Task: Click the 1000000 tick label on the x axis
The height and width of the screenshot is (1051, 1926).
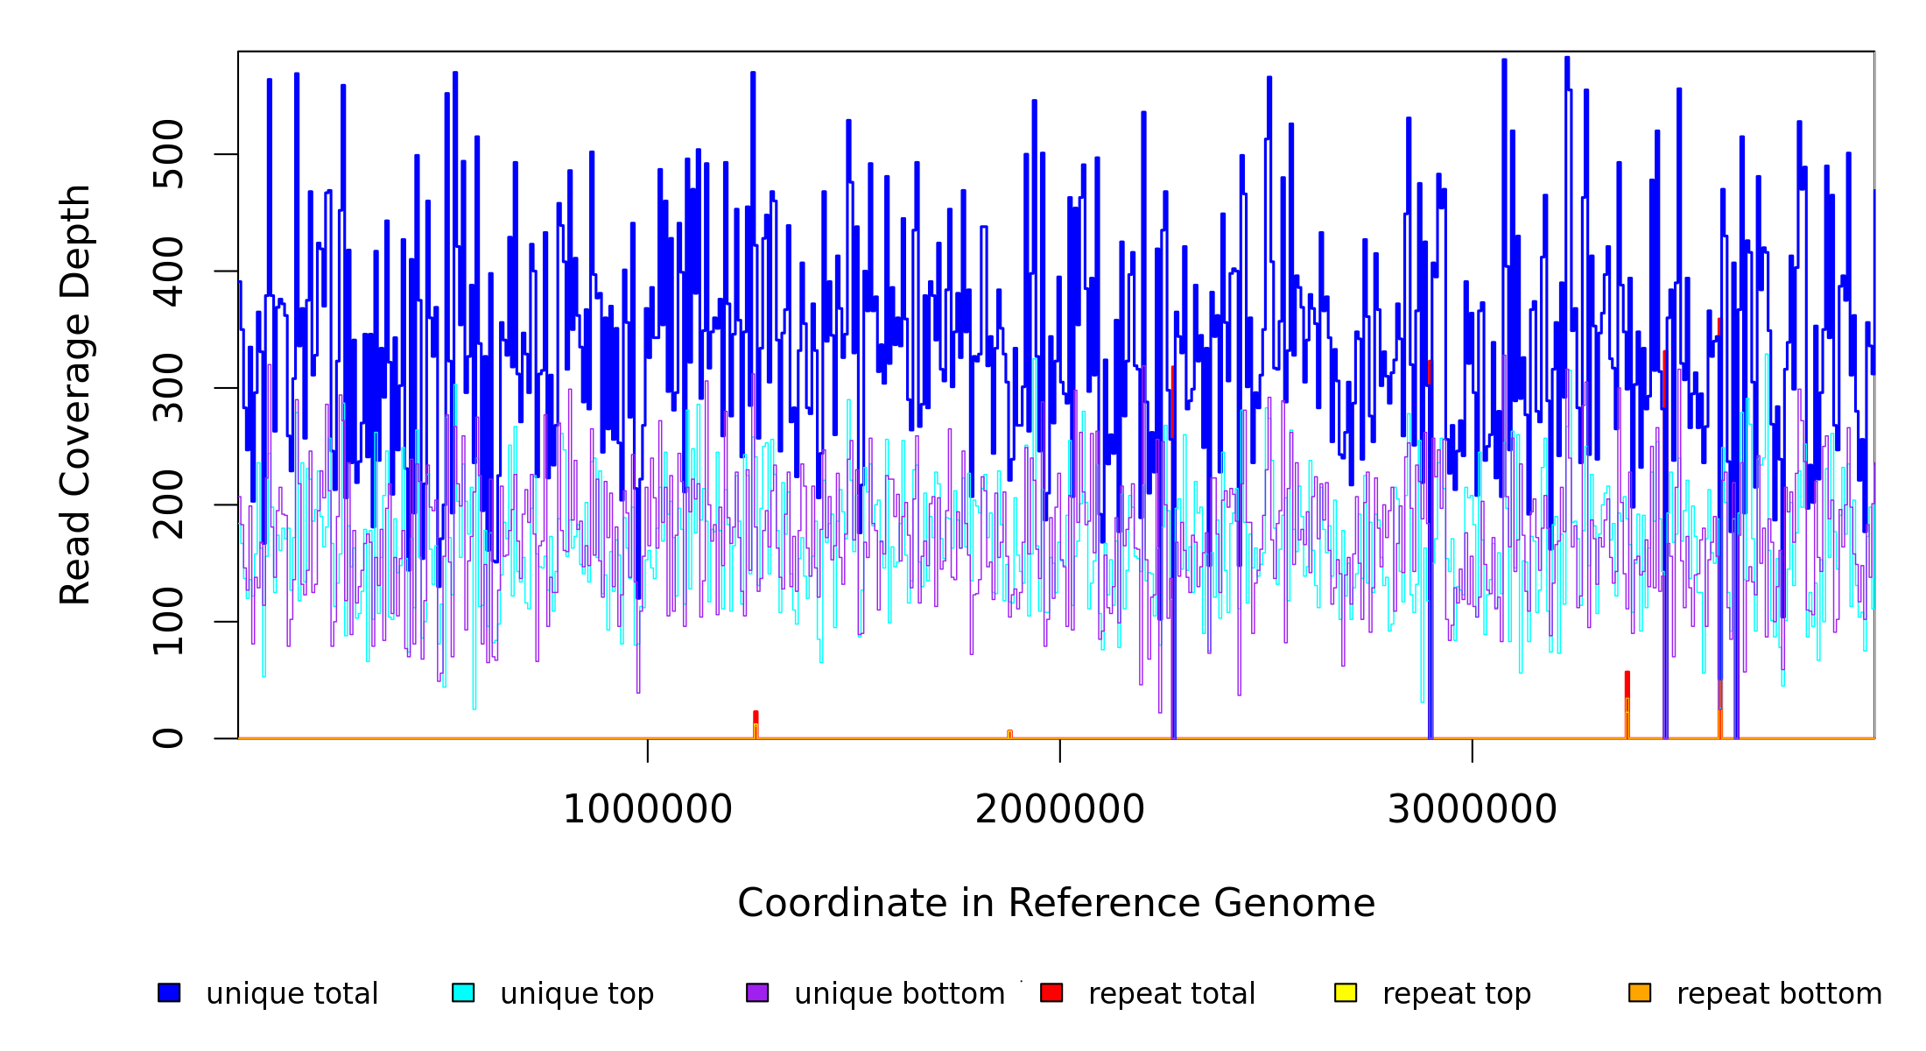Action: [x=647, y=809]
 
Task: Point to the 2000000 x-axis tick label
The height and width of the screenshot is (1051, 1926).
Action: [x=1059, y=809]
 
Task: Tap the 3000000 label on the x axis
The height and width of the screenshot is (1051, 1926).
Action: [x=1472, y=809]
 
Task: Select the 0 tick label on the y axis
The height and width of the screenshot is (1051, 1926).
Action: [x=168, y=738]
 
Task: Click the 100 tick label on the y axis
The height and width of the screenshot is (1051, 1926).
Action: [x=168, y=621]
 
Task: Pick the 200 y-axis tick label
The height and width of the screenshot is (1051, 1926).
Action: [x=168, y=504]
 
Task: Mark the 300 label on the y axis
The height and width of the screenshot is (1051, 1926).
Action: [x=168, y=388]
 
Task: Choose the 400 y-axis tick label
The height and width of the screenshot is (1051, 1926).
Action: [x=168, y=271]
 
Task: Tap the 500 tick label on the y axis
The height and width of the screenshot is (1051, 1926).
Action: [x=168, y=154]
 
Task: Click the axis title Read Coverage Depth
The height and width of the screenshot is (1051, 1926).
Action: [x=75, y=394]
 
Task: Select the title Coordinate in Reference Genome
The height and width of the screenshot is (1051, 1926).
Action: [x=1056, y=903]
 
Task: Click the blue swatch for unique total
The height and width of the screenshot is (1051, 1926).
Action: [x=169, y=992]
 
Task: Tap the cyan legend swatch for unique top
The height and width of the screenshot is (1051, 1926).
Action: [x=463, y=992]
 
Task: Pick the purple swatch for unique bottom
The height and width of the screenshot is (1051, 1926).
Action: [x=757, y=992]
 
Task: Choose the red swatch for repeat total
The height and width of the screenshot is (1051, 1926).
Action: [x=1051, y=992]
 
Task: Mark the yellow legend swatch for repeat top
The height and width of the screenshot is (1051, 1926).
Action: [x=1346, y=992]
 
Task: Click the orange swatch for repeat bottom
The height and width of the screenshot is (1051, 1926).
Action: [x=1640, y=992]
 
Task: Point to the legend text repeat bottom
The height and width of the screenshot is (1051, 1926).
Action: [x=1779, y=994]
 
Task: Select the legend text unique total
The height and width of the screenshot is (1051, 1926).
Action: [x=292, y=994]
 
